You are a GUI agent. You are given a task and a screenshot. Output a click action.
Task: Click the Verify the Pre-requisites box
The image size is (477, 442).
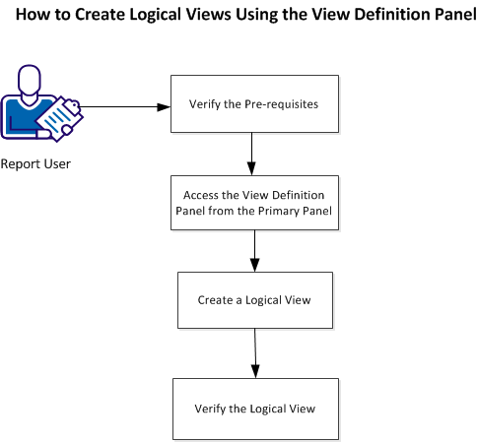(x=255, y=103)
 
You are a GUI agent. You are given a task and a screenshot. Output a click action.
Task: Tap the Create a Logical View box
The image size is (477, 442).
(x=255, y=299)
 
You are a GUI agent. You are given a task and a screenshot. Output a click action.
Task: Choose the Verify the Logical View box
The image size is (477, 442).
(x=255, y=409)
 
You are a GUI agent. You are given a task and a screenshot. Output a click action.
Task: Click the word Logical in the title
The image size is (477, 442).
(x=171, y=17)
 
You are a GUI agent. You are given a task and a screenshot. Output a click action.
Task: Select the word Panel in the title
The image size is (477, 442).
(x=443, y=17)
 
